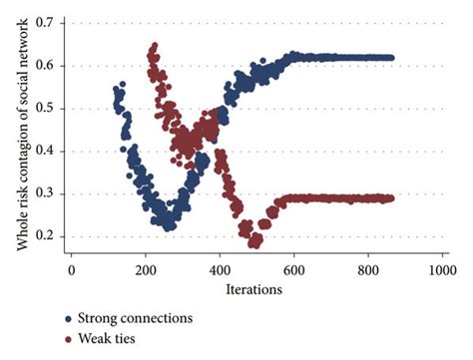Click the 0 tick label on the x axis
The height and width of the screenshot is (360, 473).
click(71, 269)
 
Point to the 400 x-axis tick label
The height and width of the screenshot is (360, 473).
click(220, 269)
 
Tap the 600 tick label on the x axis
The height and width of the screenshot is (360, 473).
click(294, 269)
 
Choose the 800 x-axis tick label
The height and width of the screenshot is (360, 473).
click(368, 269)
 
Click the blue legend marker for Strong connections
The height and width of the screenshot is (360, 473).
click(69, 320)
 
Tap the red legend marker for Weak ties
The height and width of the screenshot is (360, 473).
click(69, 340)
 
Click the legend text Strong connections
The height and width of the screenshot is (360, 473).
click(136, 320)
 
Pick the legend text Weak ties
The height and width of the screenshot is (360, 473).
click(109, 340)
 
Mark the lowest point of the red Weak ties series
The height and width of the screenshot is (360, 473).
click(254, 243)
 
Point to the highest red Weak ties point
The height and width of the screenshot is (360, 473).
click(153, 46)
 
